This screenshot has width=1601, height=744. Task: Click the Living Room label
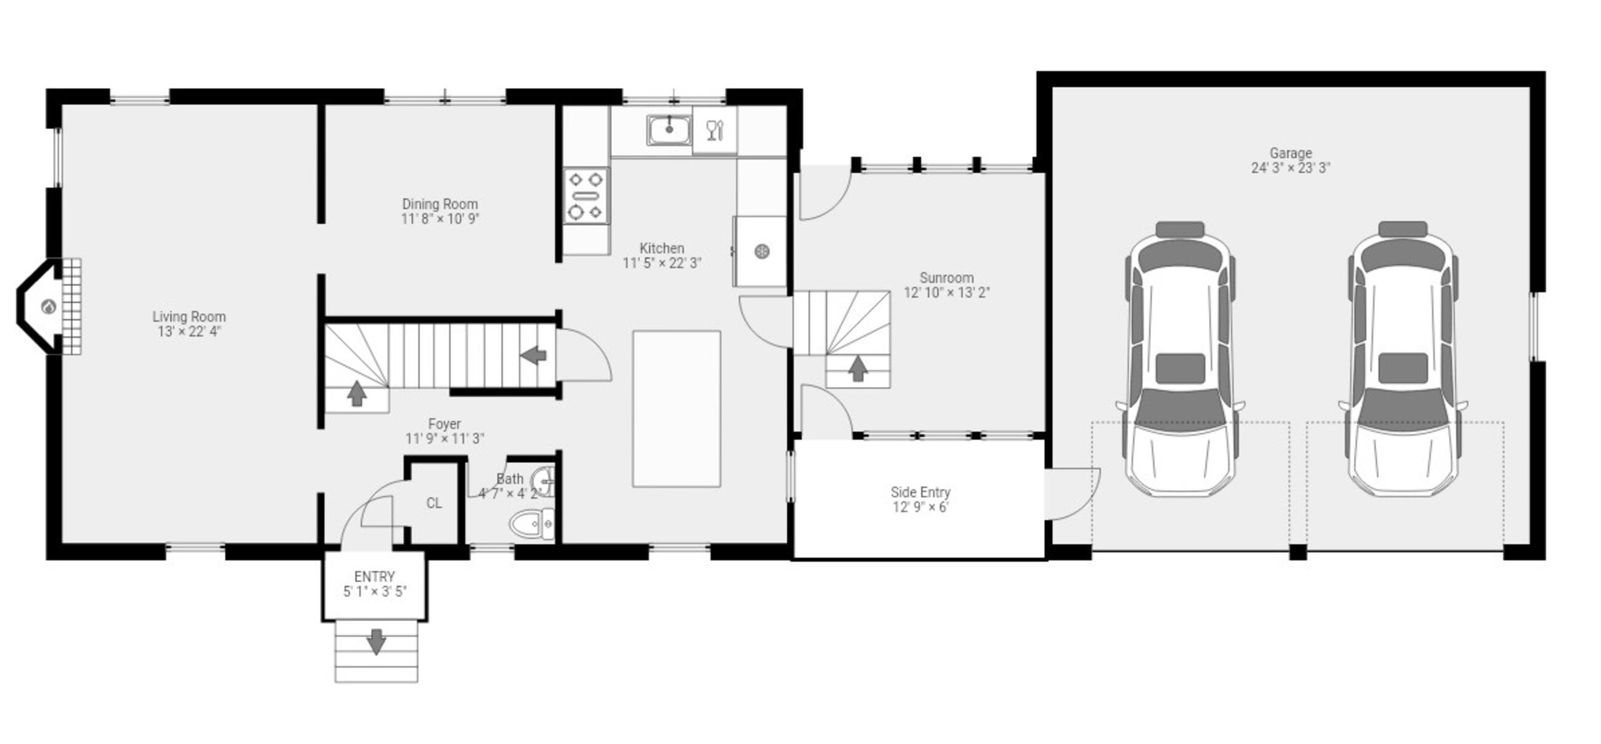[x=189, y=316]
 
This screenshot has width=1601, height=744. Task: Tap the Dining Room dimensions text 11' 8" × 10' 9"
[x=440, y=218]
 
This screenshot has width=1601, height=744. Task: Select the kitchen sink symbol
[x=669, y=130]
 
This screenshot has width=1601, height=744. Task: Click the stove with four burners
[x=587, y=196]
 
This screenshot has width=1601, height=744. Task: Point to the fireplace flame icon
[x=49, y=306]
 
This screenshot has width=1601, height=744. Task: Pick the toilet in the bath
[x=531, y=524]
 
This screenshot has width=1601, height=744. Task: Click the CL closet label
[x=434, y=503]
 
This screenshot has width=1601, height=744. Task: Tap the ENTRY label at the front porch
[x=374, y=577]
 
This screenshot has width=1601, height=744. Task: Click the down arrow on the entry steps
[x=376, y=641]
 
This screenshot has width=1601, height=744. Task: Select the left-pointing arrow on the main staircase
[x=533, y=356]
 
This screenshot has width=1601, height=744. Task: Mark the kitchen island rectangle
[x=677, y=409]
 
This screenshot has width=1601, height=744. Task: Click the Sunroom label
[x=946, y=278]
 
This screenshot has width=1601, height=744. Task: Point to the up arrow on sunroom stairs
[x=858, y=367]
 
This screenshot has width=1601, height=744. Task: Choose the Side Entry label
[x=921, y=492]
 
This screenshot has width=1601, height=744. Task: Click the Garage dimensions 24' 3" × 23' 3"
[x=1290, y=167]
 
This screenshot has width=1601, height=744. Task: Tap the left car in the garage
[x=1180, y=359]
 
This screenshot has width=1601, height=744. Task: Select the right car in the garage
[x=1403, y=359]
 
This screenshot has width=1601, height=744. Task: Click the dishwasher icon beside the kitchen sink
[x=715, y=130]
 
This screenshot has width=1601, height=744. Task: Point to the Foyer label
[x=445, y=423]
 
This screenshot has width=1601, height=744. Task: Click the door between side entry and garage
[x=1072, y=493]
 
